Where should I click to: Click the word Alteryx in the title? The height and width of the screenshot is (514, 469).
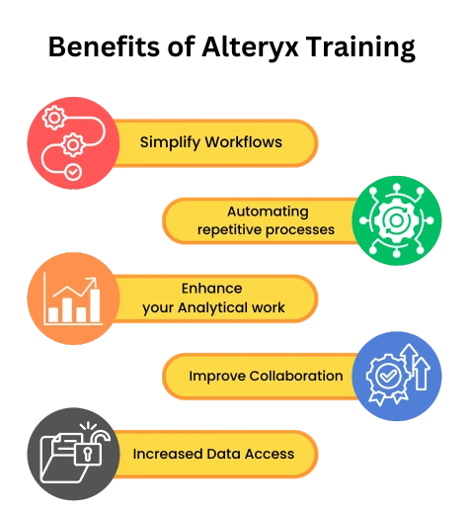tap(250, 47)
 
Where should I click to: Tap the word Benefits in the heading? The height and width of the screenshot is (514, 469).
tap(104, 46)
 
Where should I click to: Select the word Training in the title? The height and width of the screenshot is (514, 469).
tap(360, 47)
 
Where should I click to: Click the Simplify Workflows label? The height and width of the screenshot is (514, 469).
tap(211, 142)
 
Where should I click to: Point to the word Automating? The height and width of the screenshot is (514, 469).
tap(268, 212)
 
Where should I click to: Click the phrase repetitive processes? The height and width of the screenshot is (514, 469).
tap(266, 230)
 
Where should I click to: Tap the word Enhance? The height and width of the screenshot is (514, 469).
tap(212, 289)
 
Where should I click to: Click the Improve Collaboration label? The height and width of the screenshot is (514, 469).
tap(266, 376)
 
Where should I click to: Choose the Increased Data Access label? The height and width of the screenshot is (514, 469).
tap(213, 454)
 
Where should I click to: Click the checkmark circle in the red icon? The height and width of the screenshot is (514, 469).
tap(73, 172)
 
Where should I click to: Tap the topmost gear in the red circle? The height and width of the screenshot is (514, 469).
tap(54, 118)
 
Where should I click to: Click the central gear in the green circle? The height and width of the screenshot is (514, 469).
tap(397, 220)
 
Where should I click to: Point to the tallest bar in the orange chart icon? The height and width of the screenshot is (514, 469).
tap(95, 305)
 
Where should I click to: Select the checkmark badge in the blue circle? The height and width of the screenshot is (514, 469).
tap(388, 378)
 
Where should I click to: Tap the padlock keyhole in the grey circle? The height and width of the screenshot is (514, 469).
tap(88, 455)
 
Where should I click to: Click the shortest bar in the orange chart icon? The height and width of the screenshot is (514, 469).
tap(53, 314)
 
